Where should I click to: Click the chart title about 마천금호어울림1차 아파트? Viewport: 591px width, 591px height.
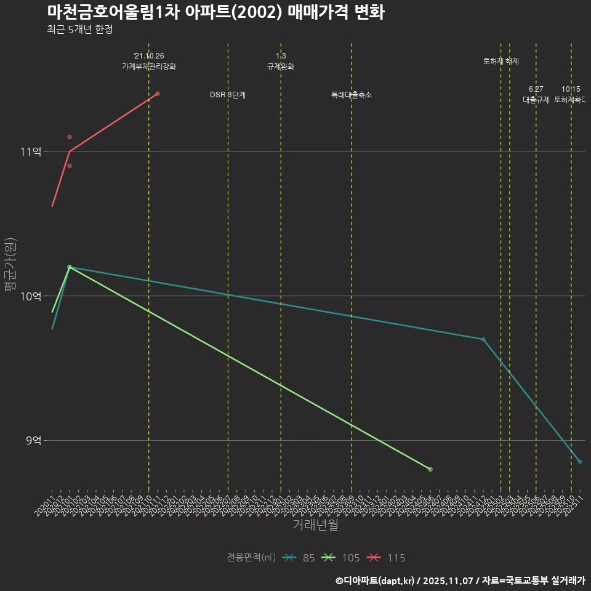pyautogui.click(x=215, y=12)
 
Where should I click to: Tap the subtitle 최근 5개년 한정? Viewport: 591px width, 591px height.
pyautogui.click(x=79, y=30)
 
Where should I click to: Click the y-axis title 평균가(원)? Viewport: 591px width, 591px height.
pyautogui.click(x=10, y=265)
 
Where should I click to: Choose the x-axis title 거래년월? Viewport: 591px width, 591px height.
pyautogui.click(x=315, y=525)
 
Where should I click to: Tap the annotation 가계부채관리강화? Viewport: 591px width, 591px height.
pyautogui.click(x=149, y=66)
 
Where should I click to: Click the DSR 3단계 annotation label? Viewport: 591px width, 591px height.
pyautogui.click(x=228, y=95)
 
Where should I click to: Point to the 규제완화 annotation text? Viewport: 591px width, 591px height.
pyautogui.click(x=281, y=66)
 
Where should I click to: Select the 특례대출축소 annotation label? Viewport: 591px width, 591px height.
pyautogui.click(x=351, y=95)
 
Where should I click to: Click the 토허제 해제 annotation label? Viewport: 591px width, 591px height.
pyautogui.click(x=501, y=61)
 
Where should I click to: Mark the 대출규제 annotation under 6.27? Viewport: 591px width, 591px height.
pyautogui.click(x=536, y=99)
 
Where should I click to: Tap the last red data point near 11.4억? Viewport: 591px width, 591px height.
pyautogui.click(x=158, y=94)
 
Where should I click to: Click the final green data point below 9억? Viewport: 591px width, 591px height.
pyautogui.click(x=430, y=469)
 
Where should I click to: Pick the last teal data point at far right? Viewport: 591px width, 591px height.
pyautogui.click(x=580, y=462)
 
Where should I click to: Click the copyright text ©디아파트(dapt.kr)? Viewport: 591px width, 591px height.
pyautogui.click(x=376, y=581)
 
